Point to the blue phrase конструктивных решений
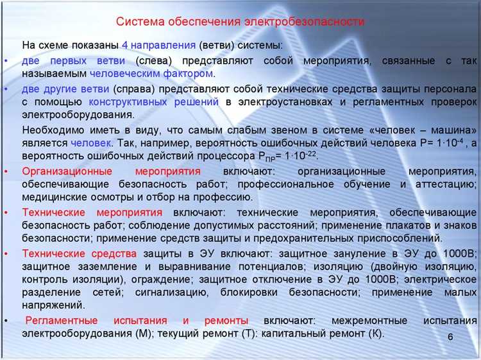tap(155, 102)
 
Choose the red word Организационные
tap(67, 171)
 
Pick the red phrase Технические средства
tap(80, 253)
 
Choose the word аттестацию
tap(445, 184)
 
